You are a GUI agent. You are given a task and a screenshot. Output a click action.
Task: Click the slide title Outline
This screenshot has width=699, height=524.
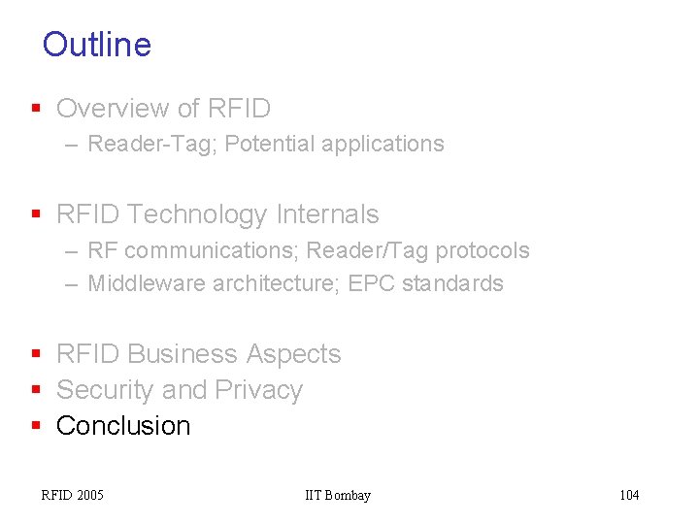[97, 45]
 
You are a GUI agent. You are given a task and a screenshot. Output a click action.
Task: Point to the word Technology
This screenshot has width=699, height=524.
[183, 214]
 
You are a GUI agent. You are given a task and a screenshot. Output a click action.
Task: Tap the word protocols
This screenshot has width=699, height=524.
[482, 250]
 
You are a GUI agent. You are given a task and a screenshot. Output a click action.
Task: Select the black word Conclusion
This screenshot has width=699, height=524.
[123, 426]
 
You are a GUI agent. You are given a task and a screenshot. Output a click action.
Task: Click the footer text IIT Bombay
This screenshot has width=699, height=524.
[338, 496]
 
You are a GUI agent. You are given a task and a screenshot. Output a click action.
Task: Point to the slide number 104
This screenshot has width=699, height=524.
[629, 496]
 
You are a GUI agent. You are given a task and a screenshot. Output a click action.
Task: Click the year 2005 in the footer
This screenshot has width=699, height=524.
[88, 496]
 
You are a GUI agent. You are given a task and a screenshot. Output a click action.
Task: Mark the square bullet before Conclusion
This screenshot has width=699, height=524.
[36, 426]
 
